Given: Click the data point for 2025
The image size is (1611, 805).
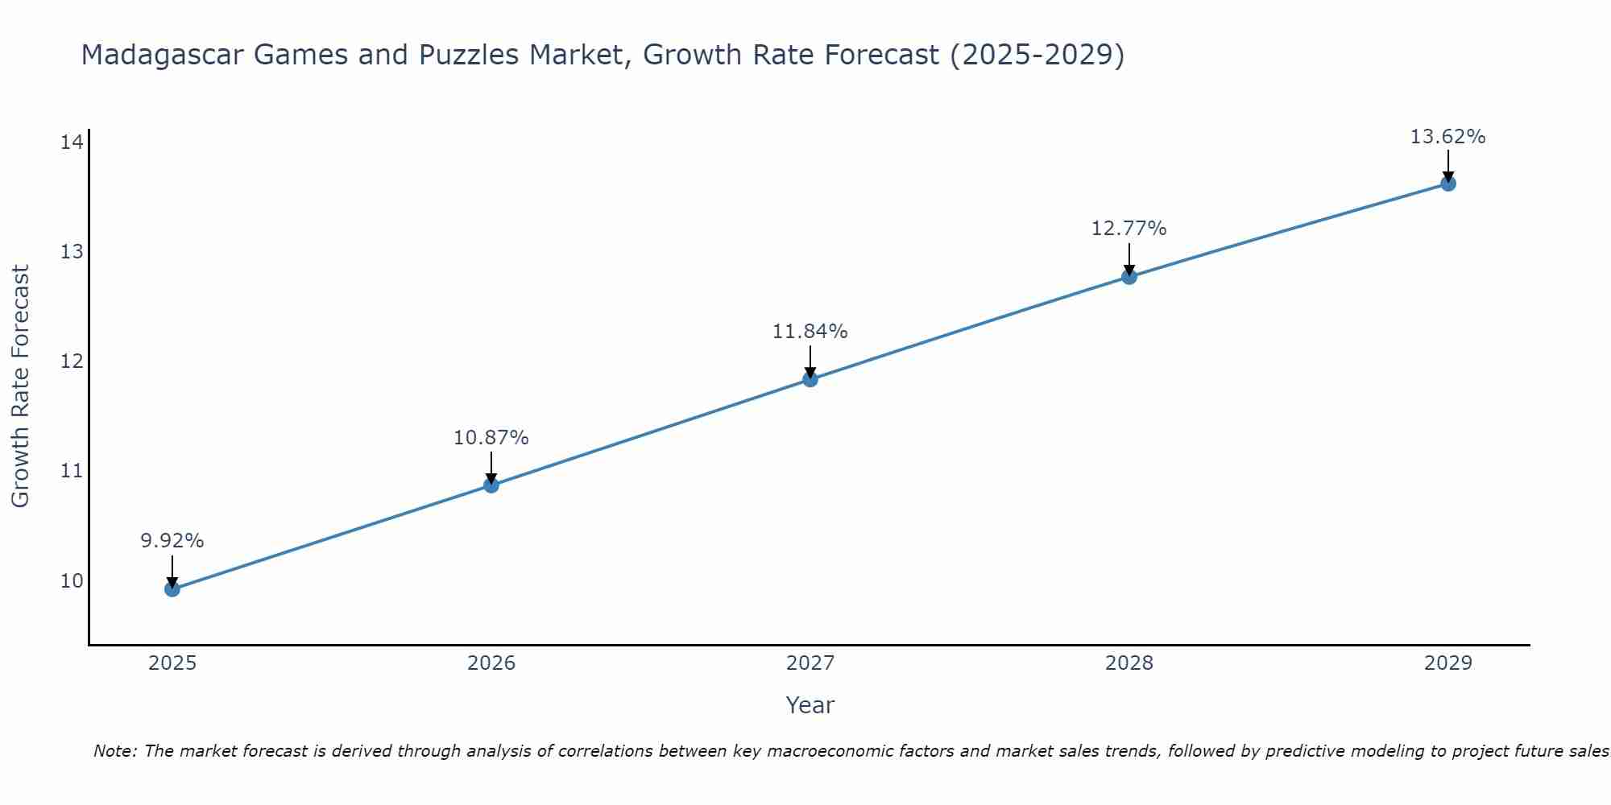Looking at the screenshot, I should pos(172,589).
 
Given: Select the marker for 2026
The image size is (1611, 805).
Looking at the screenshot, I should pos(491,485).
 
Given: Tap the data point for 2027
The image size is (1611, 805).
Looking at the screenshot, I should pos(810,379).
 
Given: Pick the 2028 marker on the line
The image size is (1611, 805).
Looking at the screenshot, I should pos(1129,277).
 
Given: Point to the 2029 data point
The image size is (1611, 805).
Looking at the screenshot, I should pos(1447,184).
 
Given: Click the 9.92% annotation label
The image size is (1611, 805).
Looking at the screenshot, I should pos(172,541).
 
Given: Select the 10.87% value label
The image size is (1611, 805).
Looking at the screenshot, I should pos(491,438).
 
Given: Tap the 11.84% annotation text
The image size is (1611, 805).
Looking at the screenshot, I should pos(810,332).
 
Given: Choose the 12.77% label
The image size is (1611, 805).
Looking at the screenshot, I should pos(1129,229).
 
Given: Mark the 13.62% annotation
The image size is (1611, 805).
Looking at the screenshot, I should pos(1447,137).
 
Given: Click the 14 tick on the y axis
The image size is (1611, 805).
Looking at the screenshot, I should pos(72,143).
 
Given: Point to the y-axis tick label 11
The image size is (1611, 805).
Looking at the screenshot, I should pos(72,471).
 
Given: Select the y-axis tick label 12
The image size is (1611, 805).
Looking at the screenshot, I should pos(72,361).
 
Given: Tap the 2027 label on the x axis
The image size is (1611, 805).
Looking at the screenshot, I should pos(810,663).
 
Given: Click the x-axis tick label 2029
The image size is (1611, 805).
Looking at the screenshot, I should pos(1447,663).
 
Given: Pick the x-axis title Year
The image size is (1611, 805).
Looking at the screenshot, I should pos(810,705).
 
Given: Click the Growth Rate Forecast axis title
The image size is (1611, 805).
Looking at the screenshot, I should pos(21,386).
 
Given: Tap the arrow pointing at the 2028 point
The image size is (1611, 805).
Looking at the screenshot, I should pos(1129,259).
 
